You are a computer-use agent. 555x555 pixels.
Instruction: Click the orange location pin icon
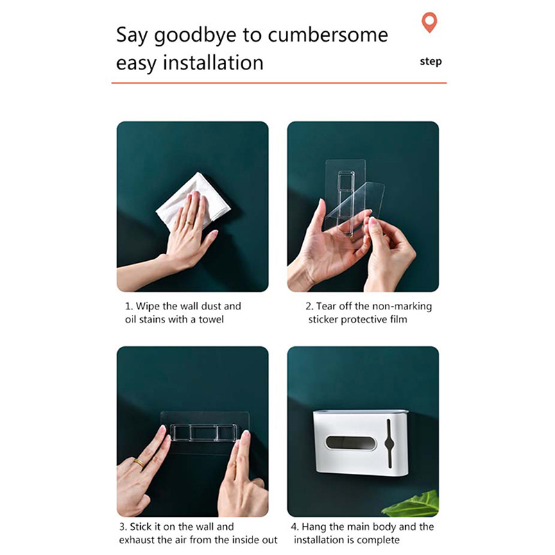tap(429, 22)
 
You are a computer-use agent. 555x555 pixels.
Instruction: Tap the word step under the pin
tap(431, 62)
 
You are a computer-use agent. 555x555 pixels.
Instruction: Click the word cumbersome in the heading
tap(327, 35)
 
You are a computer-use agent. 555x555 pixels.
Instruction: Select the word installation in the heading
tap(213, 62)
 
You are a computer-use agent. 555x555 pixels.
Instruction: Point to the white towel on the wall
tap(193, 200)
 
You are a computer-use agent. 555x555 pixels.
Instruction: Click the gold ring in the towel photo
tap(190, 223)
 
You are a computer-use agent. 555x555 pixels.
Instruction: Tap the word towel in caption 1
tap(212, 319)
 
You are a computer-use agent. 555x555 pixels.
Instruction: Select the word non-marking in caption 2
tap(401, 306)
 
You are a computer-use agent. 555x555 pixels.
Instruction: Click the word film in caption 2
tap(399, 319)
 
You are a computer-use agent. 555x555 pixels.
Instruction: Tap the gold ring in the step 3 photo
tap(139, 463)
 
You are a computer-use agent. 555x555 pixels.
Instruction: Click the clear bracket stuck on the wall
tap(205, 432)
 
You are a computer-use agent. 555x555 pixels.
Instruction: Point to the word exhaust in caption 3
tap(137, 540)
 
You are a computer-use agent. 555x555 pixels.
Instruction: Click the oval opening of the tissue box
tap(350, 443)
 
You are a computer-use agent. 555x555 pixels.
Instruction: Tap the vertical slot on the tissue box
tap(388, 443)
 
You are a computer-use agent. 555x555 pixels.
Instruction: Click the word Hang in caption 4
tap(314, 527)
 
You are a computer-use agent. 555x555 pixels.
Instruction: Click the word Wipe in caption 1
tap(148, 306)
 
